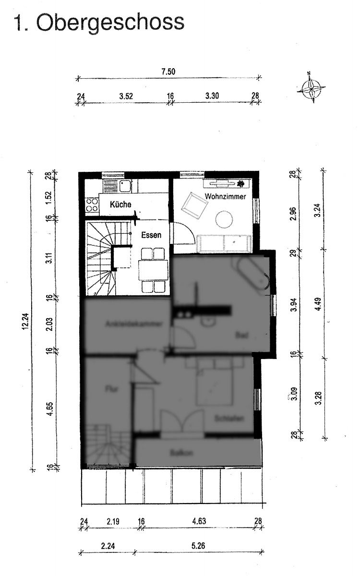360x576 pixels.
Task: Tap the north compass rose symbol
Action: pyautogui.click(x=311, y=88)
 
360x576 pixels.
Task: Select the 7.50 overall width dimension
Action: pyautogui.click(x=168, y=72)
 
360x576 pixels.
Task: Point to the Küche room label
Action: pyautogui.click(x=120, y=204)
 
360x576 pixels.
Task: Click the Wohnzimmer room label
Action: pyautogui.click(x=225, y=197)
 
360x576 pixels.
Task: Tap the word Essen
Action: pyautogui.click(x=151, y=235)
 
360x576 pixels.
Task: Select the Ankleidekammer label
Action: pyautogui.click(x=127, y=324)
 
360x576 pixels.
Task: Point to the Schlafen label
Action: pyautogui.click(x=226, y=419)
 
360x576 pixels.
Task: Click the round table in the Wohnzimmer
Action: pyautogui.click(x=224, y=219)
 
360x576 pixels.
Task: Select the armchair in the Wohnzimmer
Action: pyautogui.click(x=194, y=205)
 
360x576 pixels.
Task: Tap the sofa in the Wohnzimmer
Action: pyautogui.click(x=225, y=243)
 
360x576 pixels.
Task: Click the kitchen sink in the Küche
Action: pyautogui.click(x=126, y=186)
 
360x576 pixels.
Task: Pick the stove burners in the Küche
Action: pyautogui.click(x=91, y=205)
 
